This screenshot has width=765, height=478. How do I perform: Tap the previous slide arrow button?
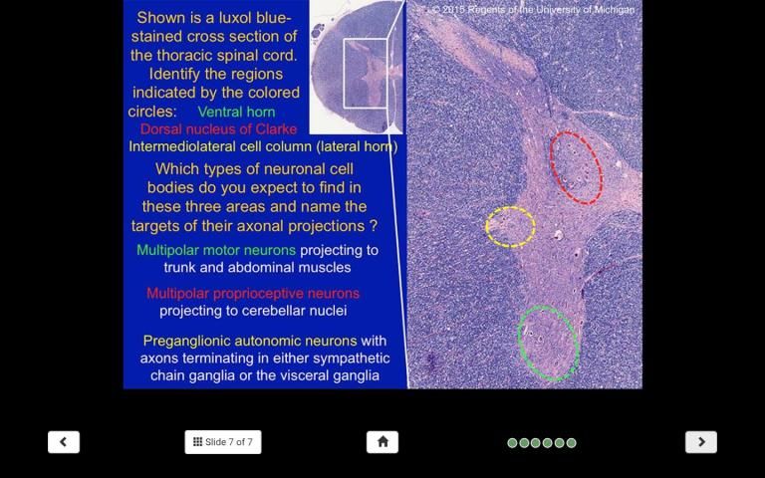(64, 442)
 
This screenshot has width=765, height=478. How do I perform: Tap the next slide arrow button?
(701, 442)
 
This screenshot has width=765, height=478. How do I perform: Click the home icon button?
(382, 442)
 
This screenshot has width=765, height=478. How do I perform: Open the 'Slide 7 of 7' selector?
(223, 442)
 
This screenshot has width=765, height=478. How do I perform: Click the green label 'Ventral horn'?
(237, 112)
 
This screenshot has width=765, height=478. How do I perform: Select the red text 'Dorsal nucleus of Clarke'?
(218, 129)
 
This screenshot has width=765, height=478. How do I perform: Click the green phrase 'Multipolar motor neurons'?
(216, 250)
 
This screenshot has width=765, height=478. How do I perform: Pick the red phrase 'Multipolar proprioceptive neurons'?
(253, 293)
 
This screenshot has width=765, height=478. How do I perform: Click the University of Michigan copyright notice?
(533, 9)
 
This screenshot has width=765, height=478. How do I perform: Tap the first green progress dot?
(512, 443)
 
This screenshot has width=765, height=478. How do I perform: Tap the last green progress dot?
(572, 443)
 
